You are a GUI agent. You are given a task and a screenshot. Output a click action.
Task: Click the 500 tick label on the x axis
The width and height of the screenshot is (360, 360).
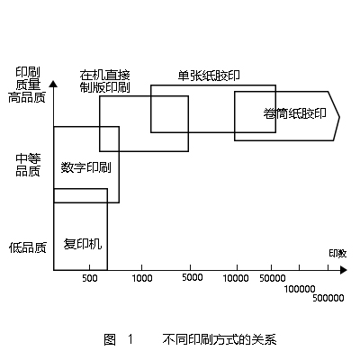(90, 278)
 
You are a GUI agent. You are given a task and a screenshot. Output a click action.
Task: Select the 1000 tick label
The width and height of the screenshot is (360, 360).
(142, 278)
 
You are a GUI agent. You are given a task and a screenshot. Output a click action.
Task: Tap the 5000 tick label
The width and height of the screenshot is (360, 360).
(192, 277)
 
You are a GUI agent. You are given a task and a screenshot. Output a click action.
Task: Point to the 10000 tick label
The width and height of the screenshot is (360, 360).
(236, 278)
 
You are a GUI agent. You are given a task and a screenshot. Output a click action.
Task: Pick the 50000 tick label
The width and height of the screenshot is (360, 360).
(272, 278)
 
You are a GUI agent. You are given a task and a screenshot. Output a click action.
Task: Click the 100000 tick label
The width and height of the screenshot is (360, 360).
(300, 289)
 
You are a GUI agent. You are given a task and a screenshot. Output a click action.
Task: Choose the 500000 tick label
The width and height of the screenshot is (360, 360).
(328, 298)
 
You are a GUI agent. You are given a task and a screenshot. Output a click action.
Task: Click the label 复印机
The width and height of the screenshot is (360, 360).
(83, 244)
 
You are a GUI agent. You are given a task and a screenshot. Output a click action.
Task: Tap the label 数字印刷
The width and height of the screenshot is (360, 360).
(85, 167)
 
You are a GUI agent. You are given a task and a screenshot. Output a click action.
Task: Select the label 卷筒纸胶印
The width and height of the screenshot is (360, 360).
(294, 113)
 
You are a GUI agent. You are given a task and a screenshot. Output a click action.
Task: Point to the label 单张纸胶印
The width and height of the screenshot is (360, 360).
(209, 76)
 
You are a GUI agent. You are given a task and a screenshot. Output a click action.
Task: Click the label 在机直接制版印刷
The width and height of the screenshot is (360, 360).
(104, 81)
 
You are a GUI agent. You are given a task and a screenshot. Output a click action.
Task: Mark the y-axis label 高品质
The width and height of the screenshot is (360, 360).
(27, 97)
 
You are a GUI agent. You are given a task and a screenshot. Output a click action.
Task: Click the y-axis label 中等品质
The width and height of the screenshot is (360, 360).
(28, 165)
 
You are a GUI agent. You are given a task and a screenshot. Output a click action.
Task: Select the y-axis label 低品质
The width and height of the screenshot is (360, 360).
(28, 247)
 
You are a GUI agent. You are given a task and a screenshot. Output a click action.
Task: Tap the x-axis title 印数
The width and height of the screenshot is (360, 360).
(337, 254)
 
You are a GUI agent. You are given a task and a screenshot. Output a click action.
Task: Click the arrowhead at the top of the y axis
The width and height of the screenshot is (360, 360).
(53, 84)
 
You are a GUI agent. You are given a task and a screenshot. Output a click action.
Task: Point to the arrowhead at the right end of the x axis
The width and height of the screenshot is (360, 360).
(344, 270)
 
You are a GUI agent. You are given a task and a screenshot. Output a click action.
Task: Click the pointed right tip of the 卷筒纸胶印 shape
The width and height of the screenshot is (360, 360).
(339, 117)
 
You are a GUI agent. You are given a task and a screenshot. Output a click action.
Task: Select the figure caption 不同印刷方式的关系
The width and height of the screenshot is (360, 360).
(220, 339)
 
